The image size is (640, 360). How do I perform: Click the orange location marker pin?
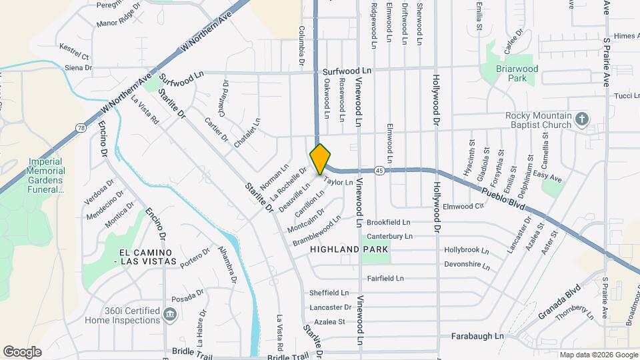click(x=320, y=159)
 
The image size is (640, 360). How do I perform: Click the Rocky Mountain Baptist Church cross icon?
click(x=582, y=120)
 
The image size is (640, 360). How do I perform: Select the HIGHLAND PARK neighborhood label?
click(x=349, y=249)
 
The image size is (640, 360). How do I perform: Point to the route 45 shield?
click(x=378, y=170)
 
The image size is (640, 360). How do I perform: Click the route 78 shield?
click(x=80, y=127)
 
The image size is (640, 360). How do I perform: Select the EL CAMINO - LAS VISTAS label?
click(x=147, y=257)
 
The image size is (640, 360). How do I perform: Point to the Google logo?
click(x=22, y=351)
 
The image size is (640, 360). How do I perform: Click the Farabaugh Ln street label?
click(x=477, y=337)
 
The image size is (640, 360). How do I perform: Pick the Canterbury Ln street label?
click(x=390, y=237)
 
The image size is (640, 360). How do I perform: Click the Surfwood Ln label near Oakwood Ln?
click(x=347, y=71)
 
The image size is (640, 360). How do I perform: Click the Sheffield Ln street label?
click(x=329, y=293)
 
